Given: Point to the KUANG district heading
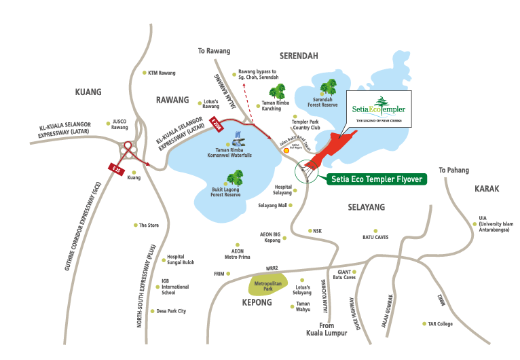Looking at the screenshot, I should click(88, 92).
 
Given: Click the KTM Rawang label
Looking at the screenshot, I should click(162, 73).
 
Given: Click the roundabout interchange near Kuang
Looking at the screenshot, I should click(126, 148).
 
